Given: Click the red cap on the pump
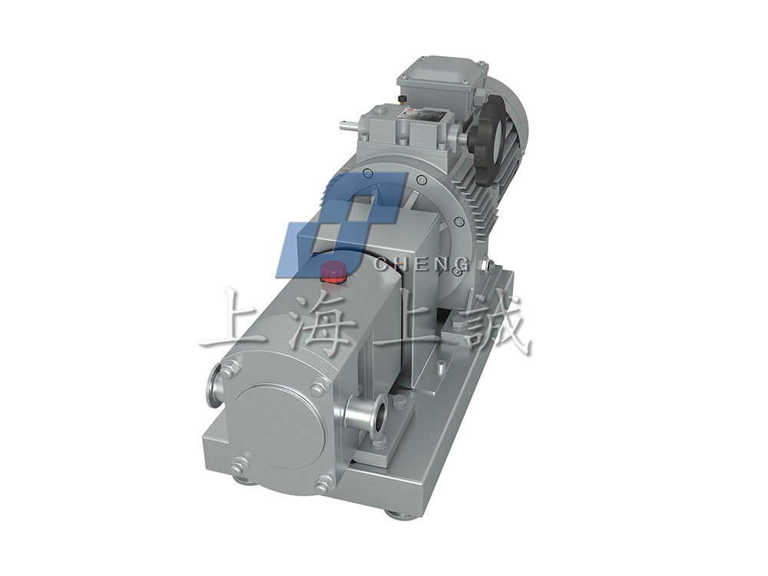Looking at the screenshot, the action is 333,273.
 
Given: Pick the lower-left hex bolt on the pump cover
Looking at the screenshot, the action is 239,463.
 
